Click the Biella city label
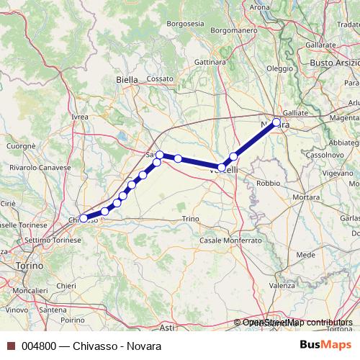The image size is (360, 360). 127,80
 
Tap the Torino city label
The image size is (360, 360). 28,266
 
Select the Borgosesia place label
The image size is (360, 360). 185,24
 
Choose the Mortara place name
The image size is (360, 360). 305,197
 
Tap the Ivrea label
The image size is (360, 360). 80,116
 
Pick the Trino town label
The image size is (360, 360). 190,218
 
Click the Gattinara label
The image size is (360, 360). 210,62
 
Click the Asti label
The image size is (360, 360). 167,328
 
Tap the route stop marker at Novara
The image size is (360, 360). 276,122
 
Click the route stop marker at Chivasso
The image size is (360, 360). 84,218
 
